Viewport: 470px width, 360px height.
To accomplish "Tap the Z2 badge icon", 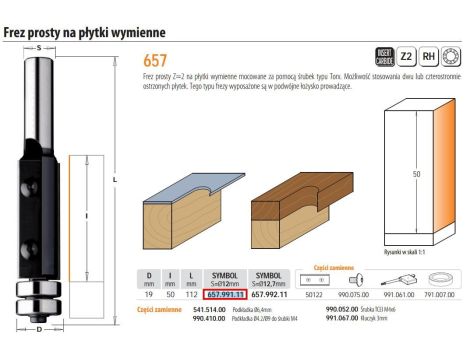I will pyautogui.click(x=405, y=58).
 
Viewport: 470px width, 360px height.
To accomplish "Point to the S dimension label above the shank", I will pyautogui.click(x=38, y=46).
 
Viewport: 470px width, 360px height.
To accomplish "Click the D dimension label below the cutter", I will pyautogui.click(x=38, y=328).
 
